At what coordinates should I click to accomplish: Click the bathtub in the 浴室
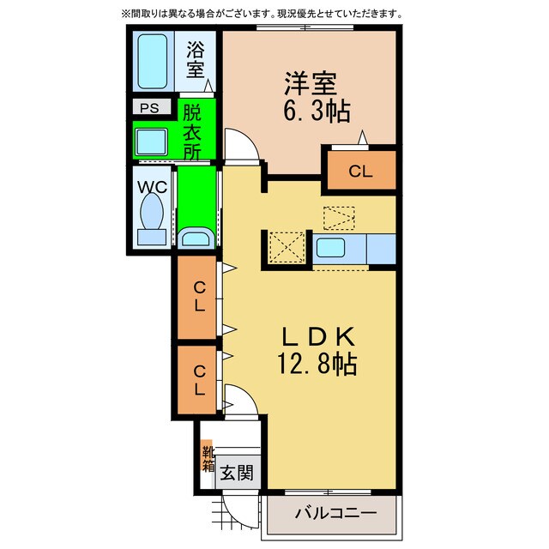click(153, 61)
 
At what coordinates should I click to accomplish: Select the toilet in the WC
click(152, 219)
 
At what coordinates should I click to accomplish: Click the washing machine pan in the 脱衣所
click(151, 142)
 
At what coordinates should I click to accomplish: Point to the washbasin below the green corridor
click(196, 238)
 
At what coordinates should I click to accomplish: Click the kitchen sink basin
click(330, 247)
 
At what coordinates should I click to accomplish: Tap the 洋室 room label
click(311, 83)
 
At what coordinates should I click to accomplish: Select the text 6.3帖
click(317, 112)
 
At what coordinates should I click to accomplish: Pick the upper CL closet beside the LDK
click(196, 298)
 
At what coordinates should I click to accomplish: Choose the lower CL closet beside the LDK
click(196, 380)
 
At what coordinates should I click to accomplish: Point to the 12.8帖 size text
click(317, 364)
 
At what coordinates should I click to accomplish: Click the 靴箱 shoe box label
click(208, 459)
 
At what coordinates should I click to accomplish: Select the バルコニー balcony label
click(335, 513)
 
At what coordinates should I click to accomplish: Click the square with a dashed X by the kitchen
click(287, 248)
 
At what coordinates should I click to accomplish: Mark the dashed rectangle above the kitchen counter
click(339, 218)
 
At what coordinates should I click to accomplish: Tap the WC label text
click(153, 187)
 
